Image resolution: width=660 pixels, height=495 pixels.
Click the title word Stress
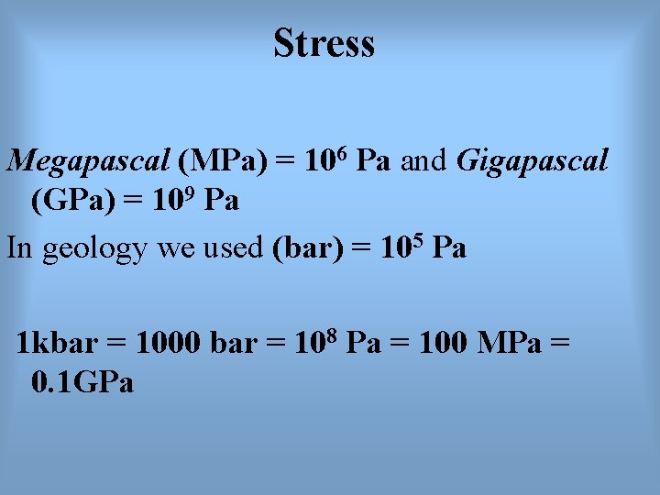point(324,43)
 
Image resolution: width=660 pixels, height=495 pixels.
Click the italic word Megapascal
point(89,162)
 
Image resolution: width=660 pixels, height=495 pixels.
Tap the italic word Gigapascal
point(532,161)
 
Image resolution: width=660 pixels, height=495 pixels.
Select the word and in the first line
point(423,161)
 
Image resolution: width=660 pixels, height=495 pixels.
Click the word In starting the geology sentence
point(18,247)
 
